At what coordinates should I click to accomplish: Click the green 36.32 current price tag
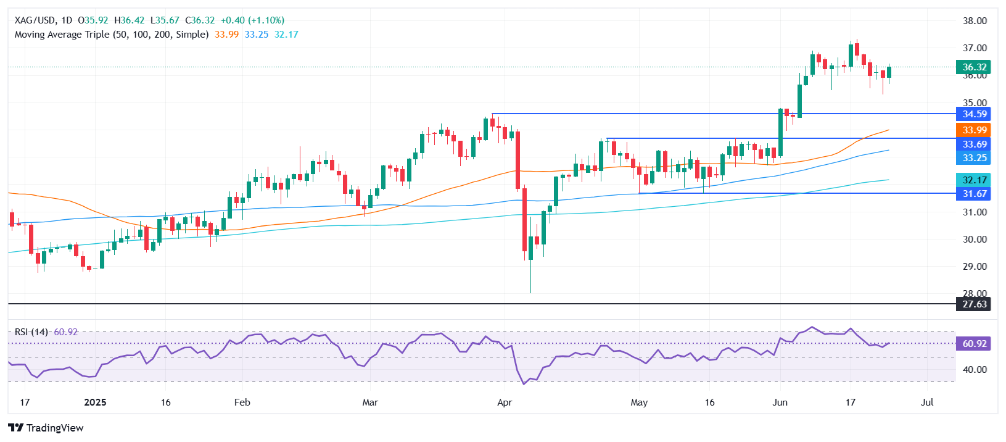click(974, 67)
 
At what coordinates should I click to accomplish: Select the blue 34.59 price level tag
click(974, 114)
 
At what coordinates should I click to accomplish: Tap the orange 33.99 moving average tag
click(974, 130)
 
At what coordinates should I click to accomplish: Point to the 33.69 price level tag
click(974, 144)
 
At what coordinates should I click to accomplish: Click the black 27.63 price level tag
click(974, 304)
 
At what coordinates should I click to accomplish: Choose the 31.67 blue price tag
click(974, 194)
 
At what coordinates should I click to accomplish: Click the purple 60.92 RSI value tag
click(974, 344)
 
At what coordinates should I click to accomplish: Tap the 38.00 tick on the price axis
click(975, 21)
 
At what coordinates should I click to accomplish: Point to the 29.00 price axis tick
click(975, 267)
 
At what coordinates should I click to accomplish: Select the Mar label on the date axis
click(370, 402)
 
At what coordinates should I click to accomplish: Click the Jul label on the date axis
click(926, 402)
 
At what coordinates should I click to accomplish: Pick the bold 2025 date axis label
click(95, 402)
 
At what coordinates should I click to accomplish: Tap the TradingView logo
click(46, 428)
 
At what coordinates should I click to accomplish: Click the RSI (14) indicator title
click(31, 332)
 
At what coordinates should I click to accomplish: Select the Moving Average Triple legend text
click(111, 35)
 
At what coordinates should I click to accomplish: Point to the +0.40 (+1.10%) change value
click(252, 20)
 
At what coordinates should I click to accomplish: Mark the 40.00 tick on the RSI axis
click(975, 370)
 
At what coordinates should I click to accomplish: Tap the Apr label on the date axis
click(505, 402)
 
